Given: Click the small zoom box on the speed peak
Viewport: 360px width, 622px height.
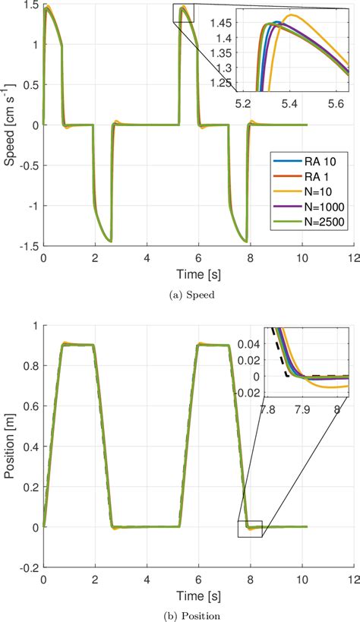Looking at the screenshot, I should pos(184,12).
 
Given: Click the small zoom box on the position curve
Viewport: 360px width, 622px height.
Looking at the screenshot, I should pos(249,529).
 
